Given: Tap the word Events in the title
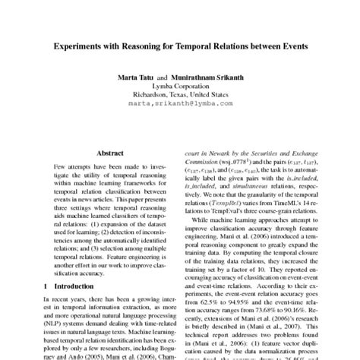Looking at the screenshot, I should (x=291, y=46).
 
